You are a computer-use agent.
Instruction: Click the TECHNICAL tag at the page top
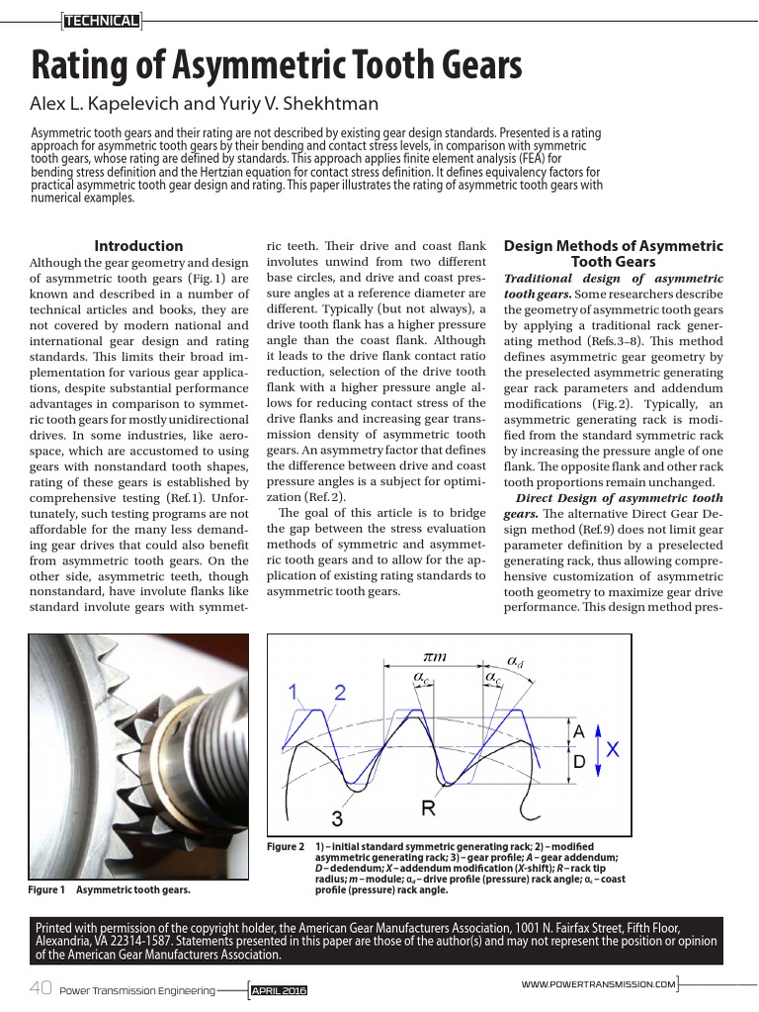101,21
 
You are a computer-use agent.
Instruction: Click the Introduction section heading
138,246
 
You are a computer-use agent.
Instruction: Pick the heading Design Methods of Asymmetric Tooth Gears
613,254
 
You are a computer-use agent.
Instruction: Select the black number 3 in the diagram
337,818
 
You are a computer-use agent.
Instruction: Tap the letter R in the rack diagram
429,809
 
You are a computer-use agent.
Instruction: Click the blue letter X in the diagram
613,750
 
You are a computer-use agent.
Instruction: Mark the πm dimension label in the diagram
435,656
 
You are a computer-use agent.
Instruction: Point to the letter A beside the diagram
580,732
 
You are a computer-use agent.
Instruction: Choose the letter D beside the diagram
580,762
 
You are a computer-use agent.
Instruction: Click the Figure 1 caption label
46,890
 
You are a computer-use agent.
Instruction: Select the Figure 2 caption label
287,847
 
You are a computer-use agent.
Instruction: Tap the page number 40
41,989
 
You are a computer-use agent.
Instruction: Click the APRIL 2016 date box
280,990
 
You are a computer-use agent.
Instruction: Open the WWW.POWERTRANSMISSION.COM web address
599,984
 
